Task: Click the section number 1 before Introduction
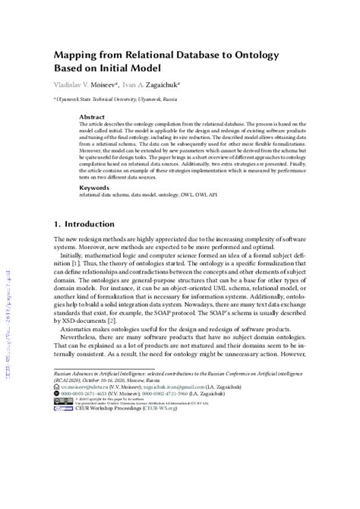coord(56,226)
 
